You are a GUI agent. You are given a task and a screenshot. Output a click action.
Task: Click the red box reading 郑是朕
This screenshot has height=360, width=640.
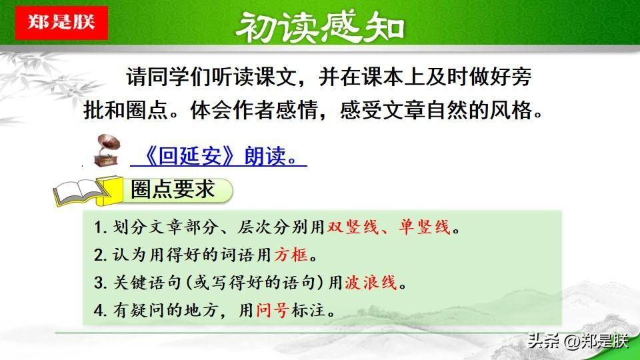pos(61,23)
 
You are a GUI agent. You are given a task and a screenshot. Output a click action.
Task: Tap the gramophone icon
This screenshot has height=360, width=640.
pos(107,151)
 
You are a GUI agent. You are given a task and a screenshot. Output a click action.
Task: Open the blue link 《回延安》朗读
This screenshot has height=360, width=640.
pos(219,156)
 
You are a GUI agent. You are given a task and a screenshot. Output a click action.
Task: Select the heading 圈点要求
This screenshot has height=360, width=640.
pos(173,189)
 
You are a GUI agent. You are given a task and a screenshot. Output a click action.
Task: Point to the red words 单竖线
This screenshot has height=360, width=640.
pos(425,227)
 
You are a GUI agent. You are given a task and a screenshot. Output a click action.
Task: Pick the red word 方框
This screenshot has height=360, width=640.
pos(291,255)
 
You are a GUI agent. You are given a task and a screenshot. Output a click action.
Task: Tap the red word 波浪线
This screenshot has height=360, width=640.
pos(371,283)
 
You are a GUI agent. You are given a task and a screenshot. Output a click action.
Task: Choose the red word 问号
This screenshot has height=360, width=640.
pos(273,310)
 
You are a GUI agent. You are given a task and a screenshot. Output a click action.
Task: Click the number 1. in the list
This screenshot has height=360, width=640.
pos(101,227)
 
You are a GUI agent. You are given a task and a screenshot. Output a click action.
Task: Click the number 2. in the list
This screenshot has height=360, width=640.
pos(101,255)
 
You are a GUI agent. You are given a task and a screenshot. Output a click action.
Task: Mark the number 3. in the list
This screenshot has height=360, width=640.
pos(101,283)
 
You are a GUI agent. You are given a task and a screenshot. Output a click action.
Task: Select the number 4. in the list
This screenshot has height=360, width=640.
pos(101,311)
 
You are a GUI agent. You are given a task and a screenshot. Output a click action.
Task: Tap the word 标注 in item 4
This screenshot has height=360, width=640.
pos(309,310)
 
